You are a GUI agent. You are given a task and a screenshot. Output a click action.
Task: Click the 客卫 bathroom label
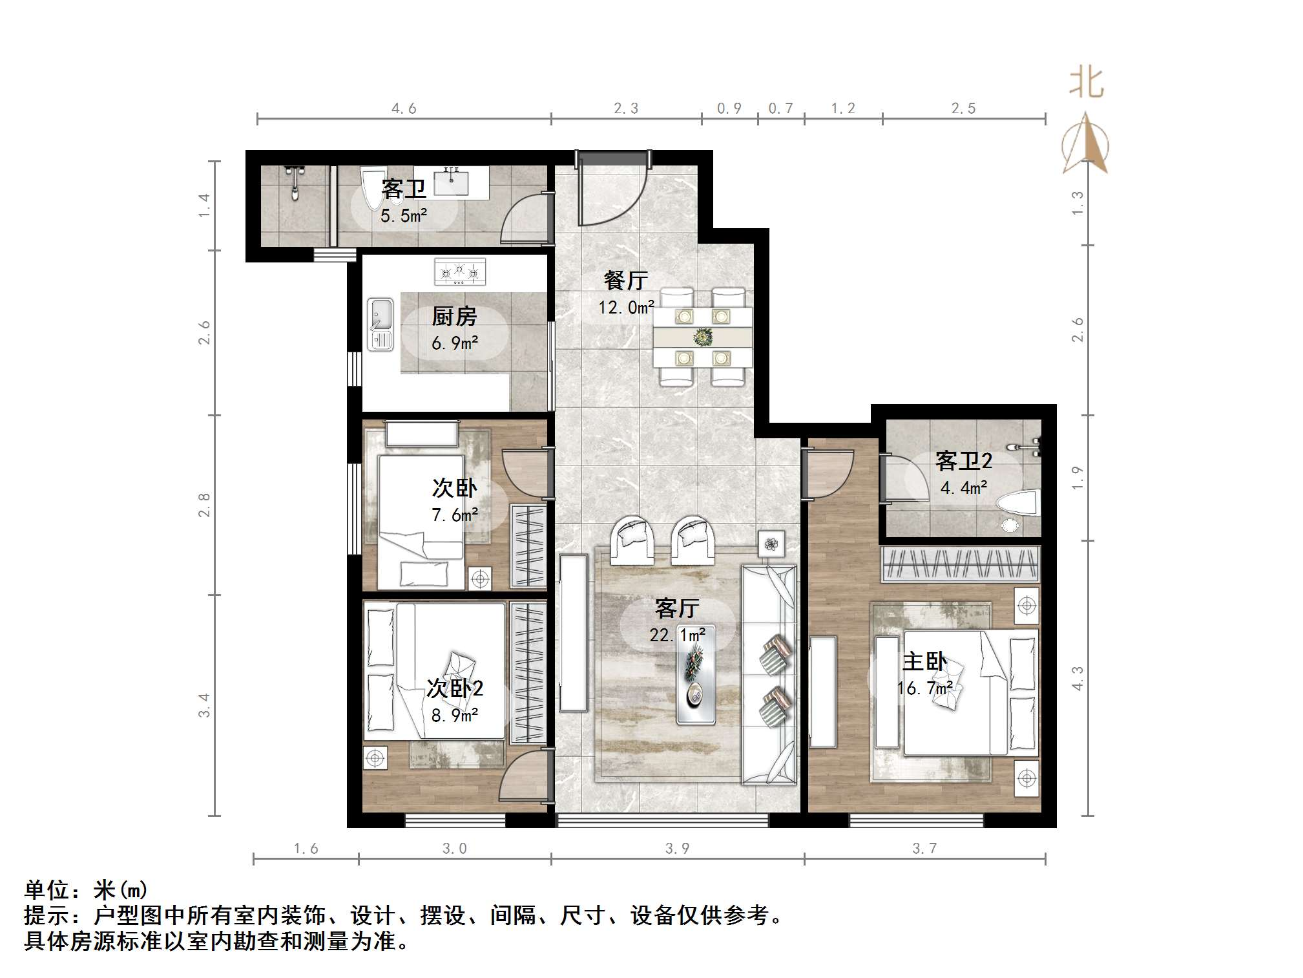[404, 189]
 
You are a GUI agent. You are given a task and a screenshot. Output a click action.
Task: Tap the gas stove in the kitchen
[459, 272]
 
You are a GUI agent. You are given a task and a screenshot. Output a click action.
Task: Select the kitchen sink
[380, 324]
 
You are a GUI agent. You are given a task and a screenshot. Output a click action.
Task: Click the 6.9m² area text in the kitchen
[455, 343]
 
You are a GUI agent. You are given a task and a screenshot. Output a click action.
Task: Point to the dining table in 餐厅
[702, 337]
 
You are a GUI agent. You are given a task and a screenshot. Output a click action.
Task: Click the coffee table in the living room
[695, 683]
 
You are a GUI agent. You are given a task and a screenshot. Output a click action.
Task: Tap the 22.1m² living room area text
[677, 635]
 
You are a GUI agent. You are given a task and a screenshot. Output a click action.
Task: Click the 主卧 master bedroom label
[924, 661]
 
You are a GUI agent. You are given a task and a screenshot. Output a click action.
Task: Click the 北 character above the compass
[1086, 83]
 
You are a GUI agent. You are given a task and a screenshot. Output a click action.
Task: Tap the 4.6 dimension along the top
[404, 109]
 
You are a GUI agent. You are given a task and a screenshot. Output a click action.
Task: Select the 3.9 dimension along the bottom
[677, 849]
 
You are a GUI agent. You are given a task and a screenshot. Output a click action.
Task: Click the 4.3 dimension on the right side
[1077, 678]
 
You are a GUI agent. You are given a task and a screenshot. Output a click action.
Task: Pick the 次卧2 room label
[455, 688]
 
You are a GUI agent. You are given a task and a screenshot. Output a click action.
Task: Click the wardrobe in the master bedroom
[960, 564]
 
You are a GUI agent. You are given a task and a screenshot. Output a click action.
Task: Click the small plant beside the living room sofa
[771, 544]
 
